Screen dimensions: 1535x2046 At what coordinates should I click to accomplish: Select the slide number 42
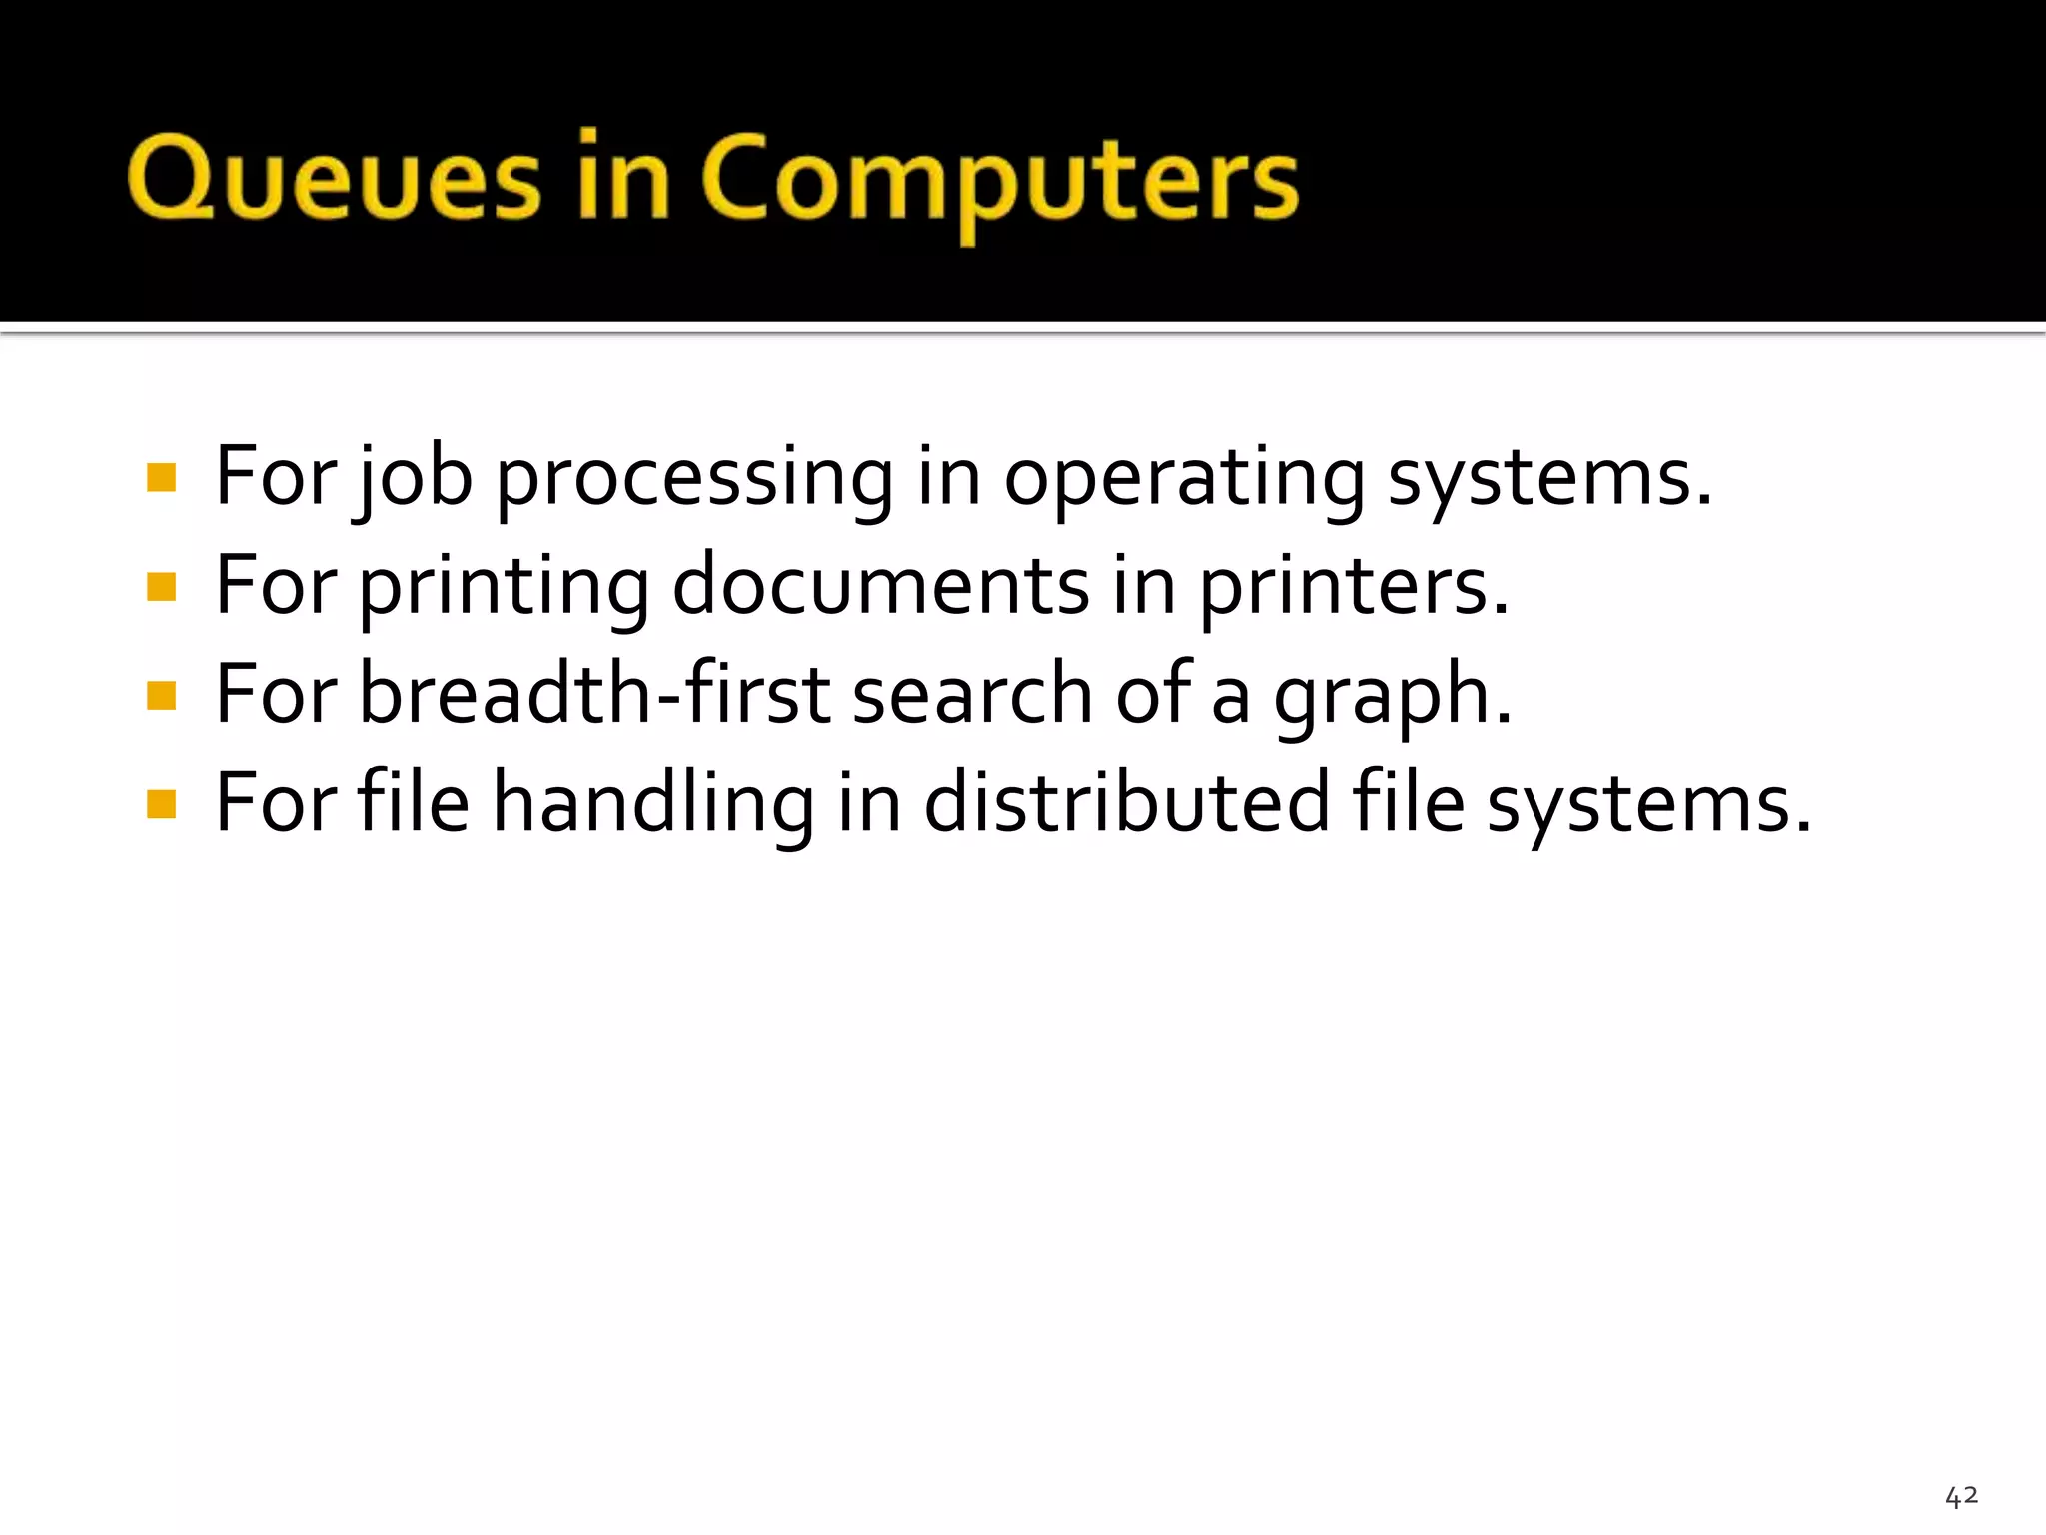(x=1961, y=1496)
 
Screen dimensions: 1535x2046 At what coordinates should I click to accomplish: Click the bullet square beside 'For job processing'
(x=161, y=477)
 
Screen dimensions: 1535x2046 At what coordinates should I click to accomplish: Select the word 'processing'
(x=694, y=480)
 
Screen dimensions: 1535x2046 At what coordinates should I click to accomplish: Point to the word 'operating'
(x=1184, y=480)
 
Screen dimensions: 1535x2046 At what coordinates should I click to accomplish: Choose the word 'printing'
(x=505, y=588)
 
